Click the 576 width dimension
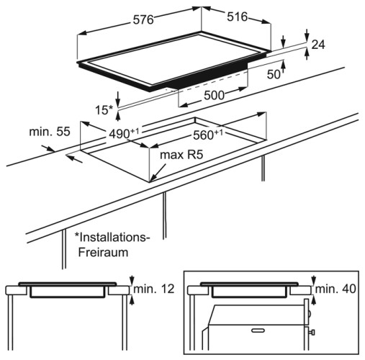pos(143,19)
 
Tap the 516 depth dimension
pos(237,17)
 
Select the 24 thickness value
pos(318,45)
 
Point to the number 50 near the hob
pos(274,74)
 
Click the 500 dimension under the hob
pos(214,95)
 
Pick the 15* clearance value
pos(104,110)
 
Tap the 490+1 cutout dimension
pos(124,133)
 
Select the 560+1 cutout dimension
pos(208,135)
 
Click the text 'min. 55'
pos(50,132)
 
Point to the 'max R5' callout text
pos(181,155)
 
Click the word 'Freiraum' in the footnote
pos(103,253)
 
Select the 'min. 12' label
pos(154,289)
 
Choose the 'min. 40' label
pos(335,289)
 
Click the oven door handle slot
pos(258,330)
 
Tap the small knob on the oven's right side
pos(312,333)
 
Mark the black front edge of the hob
pos(209,77)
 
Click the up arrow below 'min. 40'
pos(313,300)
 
